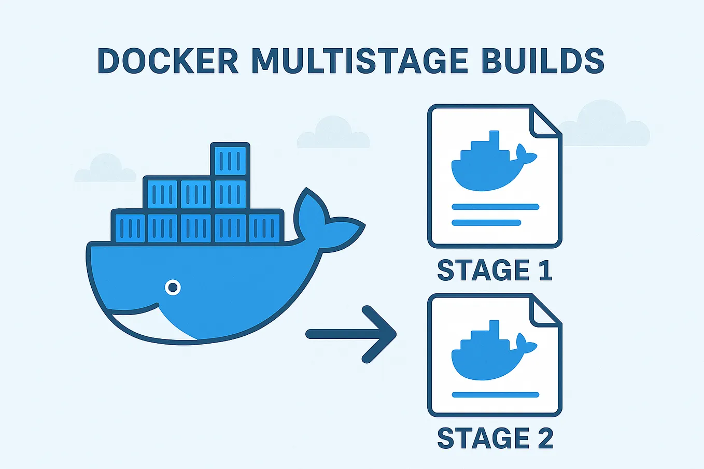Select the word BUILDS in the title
point(543,61)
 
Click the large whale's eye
point(173,287)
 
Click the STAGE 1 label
point(495,271)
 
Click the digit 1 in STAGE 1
point(545,271)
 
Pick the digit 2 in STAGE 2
point(545,438)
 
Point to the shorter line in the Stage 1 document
point(486,223)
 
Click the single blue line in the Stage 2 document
point(495,395)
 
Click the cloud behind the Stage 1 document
point(607,124)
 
